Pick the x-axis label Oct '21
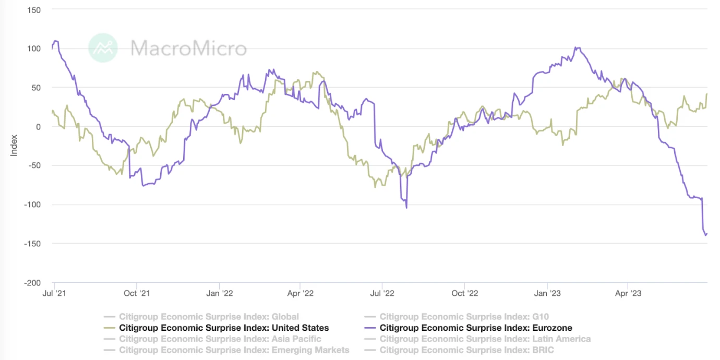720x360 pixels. click(137, 293)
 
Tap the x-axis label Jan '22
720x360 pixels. click(220, 293)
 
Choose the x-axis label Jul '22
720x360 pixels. click(382, 293)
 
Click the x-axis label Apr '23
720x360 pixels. click(628, 293)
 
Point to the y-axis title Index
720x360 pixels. click(14, 146)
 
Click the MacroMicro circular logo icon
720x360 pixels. click(103, 48)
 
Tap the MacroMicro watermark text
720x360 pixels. click(188, 49)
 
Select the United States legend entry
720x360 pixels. click(224, 328)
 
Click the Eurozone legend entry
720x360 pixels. click(475, 328)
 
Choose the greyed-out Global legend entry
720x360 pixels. click(209, 317)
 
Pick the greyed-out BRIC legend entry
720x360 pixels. click(466, 350)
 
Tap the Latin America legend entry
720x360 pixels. click(485, 339)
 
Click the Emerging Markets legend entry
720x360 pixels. click(234, 350)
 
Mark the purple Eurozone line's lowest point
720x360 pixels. click(706, 235)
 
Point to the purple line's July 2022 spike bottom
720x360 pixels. click(406, 208)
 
